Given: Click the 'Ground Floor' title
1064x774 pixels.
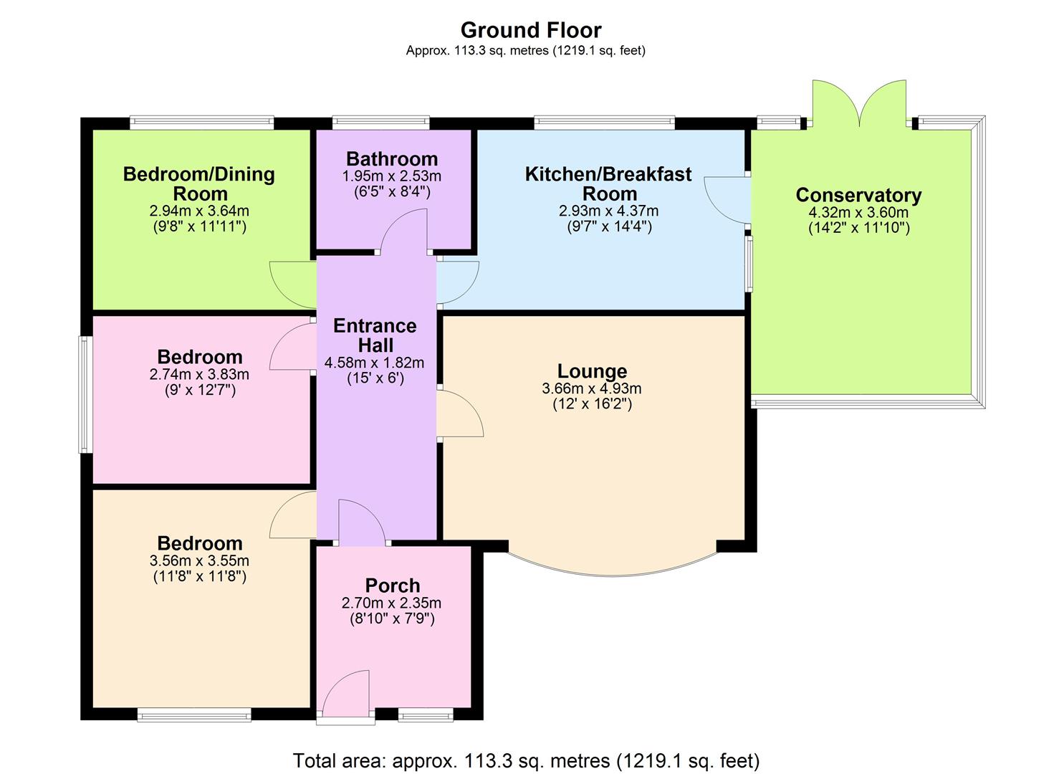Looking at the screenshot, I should (530, 30).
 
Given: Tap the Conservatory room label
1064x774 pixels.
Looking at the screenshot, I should (858, 195).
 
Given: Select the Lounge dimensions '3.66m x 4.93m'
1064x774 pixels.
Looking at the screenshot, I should (592, 389).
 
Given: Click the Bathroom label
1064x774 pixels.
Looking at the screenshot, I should (392, 159).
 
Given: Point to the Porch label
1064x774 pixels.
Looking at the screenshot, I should (392, 586).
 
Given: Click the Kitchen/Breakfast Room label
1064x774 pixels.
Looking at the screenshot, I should (608, 183).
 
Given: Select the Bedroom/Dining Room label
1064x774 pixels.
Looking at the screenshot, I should (198, 183).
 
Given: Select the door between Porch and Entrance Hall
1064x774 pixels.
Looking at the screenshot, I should (362, 522).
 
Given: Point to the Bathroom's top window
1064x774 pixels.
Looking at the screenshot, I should (381, 123).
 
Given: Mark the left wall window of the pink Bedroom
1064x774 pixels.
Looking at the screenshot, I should (85, 395).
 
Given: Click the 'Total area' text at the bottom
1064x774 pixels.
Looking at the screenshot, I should (526, 760).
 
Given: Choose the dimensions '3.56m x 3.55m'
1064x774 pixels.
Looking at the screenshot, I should (199, 561).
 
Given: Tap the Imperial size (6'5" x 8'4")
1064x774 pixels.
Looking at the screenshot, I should (392, 191).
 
